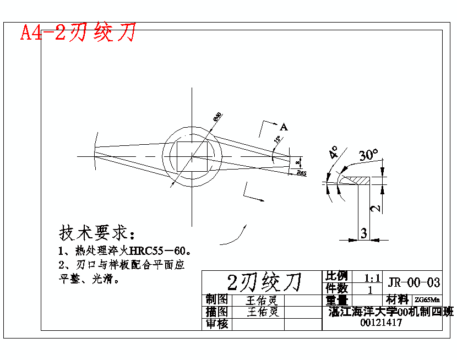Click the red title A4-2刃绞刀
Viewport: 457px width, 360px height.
78,33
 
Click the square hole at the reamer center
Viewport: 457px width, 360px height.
192,156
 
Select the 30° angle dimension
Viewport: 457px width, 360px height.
368,155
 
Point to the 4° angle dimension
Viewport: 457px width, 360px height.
333,152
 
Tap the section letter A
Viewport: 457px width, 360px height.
284,127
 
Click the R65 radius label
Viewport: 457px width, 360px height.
301,173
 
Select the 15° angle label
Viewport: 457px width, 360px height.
279,140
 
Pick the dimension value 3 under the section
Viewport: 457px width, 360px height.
363,233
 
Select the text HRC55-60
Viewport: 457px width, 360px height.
159,251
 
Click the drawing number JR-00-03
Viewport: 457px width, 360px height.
414,283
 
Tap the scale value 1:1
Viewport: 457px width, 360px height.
373,277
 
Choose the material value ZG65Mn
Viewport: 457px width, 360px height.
427,300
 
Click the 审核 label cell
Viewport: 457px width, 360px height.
217,324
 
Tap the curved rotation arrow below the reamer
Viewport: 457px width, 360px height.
234,237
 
